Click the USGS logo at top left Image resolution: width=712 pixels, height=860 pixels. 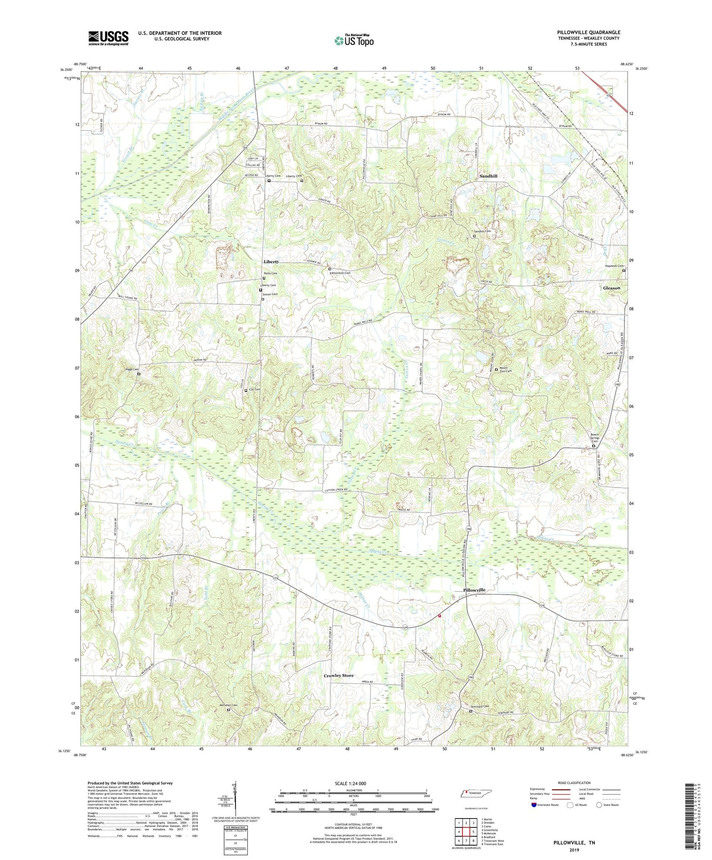coord(108,38)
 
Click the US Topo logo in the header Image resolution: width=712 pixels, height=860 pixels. coord(354,40)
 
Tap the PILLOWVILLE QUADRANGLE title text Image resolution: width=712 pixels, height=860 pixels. coord(588,33)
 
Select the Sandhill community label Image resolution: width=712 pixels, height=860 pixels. coord(488,176)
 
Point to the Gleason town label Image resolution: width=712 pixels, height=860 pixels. coord(611,288)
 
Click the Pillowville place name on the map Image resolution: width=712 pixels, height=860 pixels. coord(475,590)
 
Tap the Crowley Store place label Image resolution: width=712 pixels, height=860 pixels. coord(339,675)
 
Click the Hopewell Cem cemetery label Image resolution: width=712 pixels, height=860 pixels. coord(614,266)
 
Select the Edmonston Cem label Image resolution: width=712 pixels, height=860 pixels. coord(340,273)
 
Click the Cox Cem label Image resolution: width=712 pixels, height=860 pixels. coord(254,389)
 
